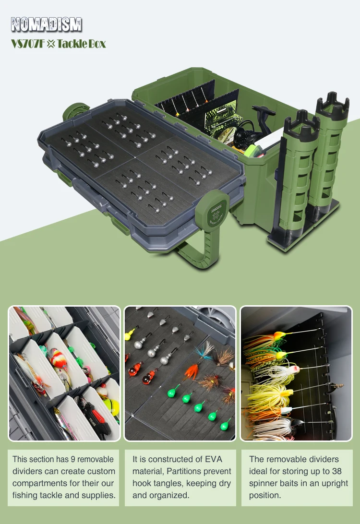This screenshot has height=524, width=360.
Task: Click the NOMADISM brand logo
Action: point(46,24)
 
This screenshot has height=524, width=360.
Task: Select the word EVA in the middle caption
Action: point(214,459)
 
